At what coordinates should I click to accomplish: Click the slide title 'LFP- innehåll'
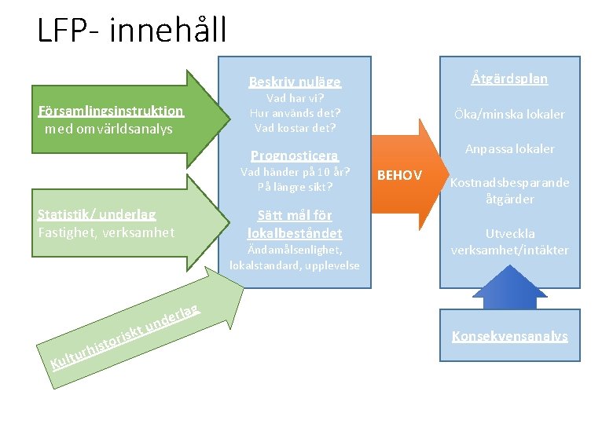tap(131, 30)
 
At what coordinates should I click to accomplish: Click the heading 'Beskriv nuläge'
tap(295, 81)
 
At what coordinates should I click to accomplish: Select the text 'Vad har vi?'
tap(295, 98)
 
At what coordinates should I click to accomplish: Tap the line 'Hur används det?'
tap(295, 113)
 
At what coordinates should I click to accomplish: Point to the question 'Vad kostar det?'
tap(295, 128)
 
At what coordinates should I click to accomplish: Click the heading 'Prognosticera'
tap(295, 155)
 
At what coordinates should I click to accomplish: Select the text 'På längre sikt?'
tap(295, 188)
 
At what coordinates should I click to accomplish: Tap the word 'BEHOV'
tap(400, 175)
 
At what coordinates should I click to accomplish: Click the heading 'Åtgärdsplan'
tap(509, 79)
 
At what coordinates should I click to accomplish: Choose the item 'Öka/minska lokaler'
tap(509, 114)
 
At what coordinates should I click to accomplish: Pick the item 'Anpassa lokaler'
tap(509, 148)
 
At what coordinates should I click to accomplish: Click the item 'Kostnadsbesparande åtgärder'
tap(509, 191)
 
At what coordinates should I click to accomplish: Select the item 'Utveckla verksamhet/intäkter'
tap(509, 242)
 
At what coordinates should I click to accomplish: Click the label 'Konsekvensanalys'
tap(509, 336)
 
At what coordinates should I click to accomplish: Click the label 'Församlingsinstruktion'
tap(111, 111)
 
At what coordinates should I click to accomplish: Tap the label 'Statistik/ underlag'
tap(97, 214)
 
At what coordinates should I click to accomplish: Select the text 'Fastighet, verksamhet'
tap(106, 232)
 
